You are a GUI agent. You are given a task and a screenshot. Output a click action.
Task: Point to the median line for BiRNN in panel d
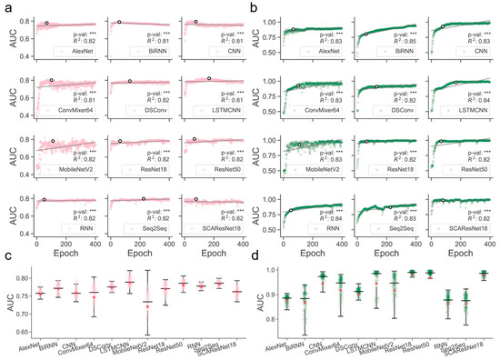(x=305, y=298)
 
